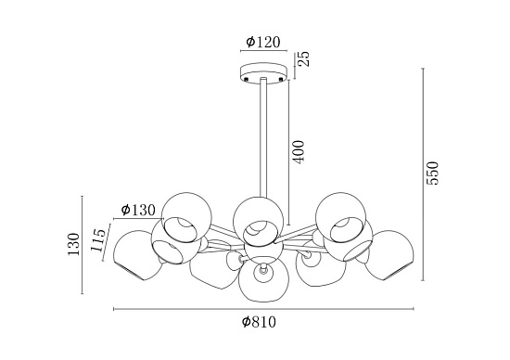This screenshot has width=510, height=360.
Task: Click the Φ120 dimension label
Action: [263, 42]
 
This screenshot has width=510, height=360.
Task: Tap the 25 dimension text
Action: [305, 58]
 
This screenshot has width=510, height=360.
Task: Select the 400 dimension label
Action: [298, 152]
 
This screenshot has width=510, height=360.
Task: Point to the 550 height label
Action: [433, 173]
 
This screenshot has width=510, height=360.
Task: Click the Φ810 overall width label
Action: [259, 322]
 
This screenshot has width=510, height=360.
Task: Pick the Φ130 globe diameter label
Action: [138, 211]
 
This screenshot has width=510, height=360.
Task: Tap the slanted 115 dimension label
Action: [98, 240]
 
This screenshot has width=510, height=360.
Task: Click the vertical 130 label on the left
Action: [73, 244]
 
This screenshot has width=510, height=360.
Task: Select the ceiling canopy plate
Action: [263, 73]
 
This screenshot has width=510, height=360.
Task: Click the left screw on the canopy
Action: [247, 79]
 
